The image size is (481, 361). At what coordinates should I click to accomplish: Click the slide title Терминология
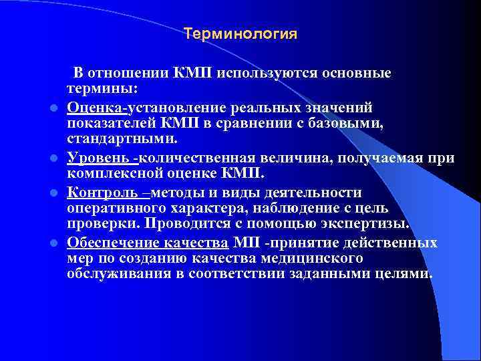coord(240,33)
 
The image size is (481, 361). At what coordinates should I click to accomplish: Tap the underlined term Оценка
coord(92,107)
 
